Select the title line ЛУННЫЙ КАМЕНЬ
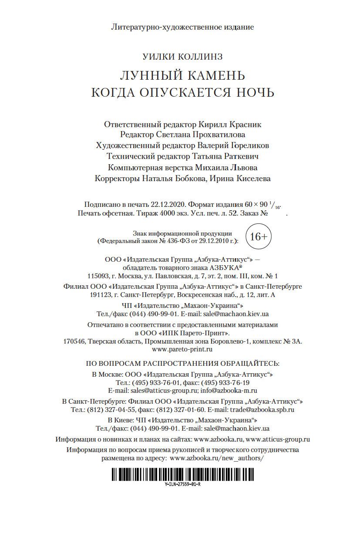(x=182, y=75)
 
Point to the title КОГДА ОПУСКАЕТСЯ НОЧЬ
(x=182, y=93)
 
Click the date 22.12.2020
(x=167, y=205)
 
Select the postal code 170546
(x=74, y=341)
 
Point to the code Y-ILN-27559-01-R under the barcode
(x=183, y=484)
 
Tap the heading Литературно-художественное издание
(x=182, y=27)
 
